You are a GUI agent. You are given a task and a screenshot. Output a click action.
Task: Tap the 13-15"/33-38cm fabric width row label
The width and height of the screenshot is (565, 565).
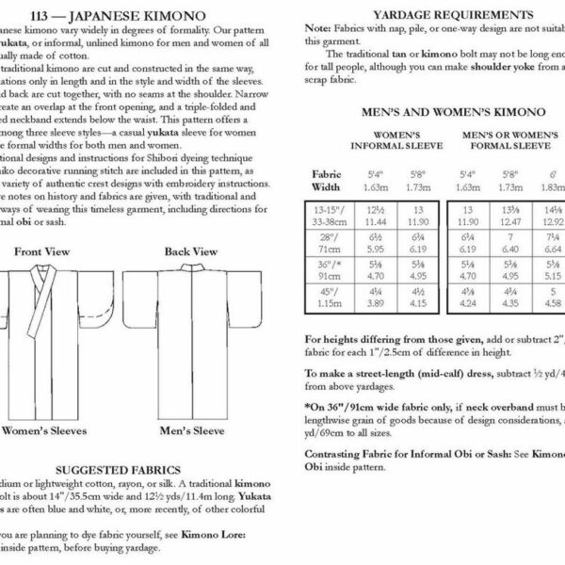pyautogui.click(x=329, y=214)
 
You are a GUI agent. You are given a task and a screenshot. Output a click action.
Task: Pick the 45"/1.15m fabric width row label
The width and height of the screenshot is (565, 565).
pyautogui.click(x=329, y=299)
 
